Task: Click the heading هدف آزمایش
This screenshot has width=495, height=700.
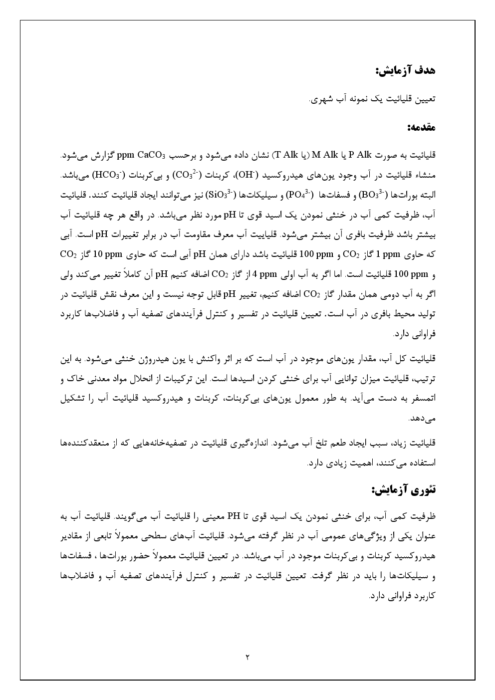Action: coord(405,70)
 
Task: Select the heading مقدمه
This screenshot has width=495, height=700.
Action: coord(421,127)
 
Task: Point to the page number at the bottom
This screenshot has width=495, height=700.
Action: coord(247,657)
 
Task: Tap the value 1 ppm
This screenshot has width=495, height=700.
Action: coord(388,254)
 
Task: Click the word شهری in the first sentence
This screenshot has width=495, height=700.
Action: coord(321,99)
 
